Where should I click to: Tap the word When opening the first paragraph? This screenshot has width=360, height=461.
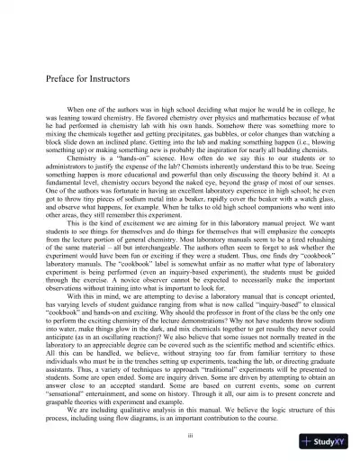coord(76,119)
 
